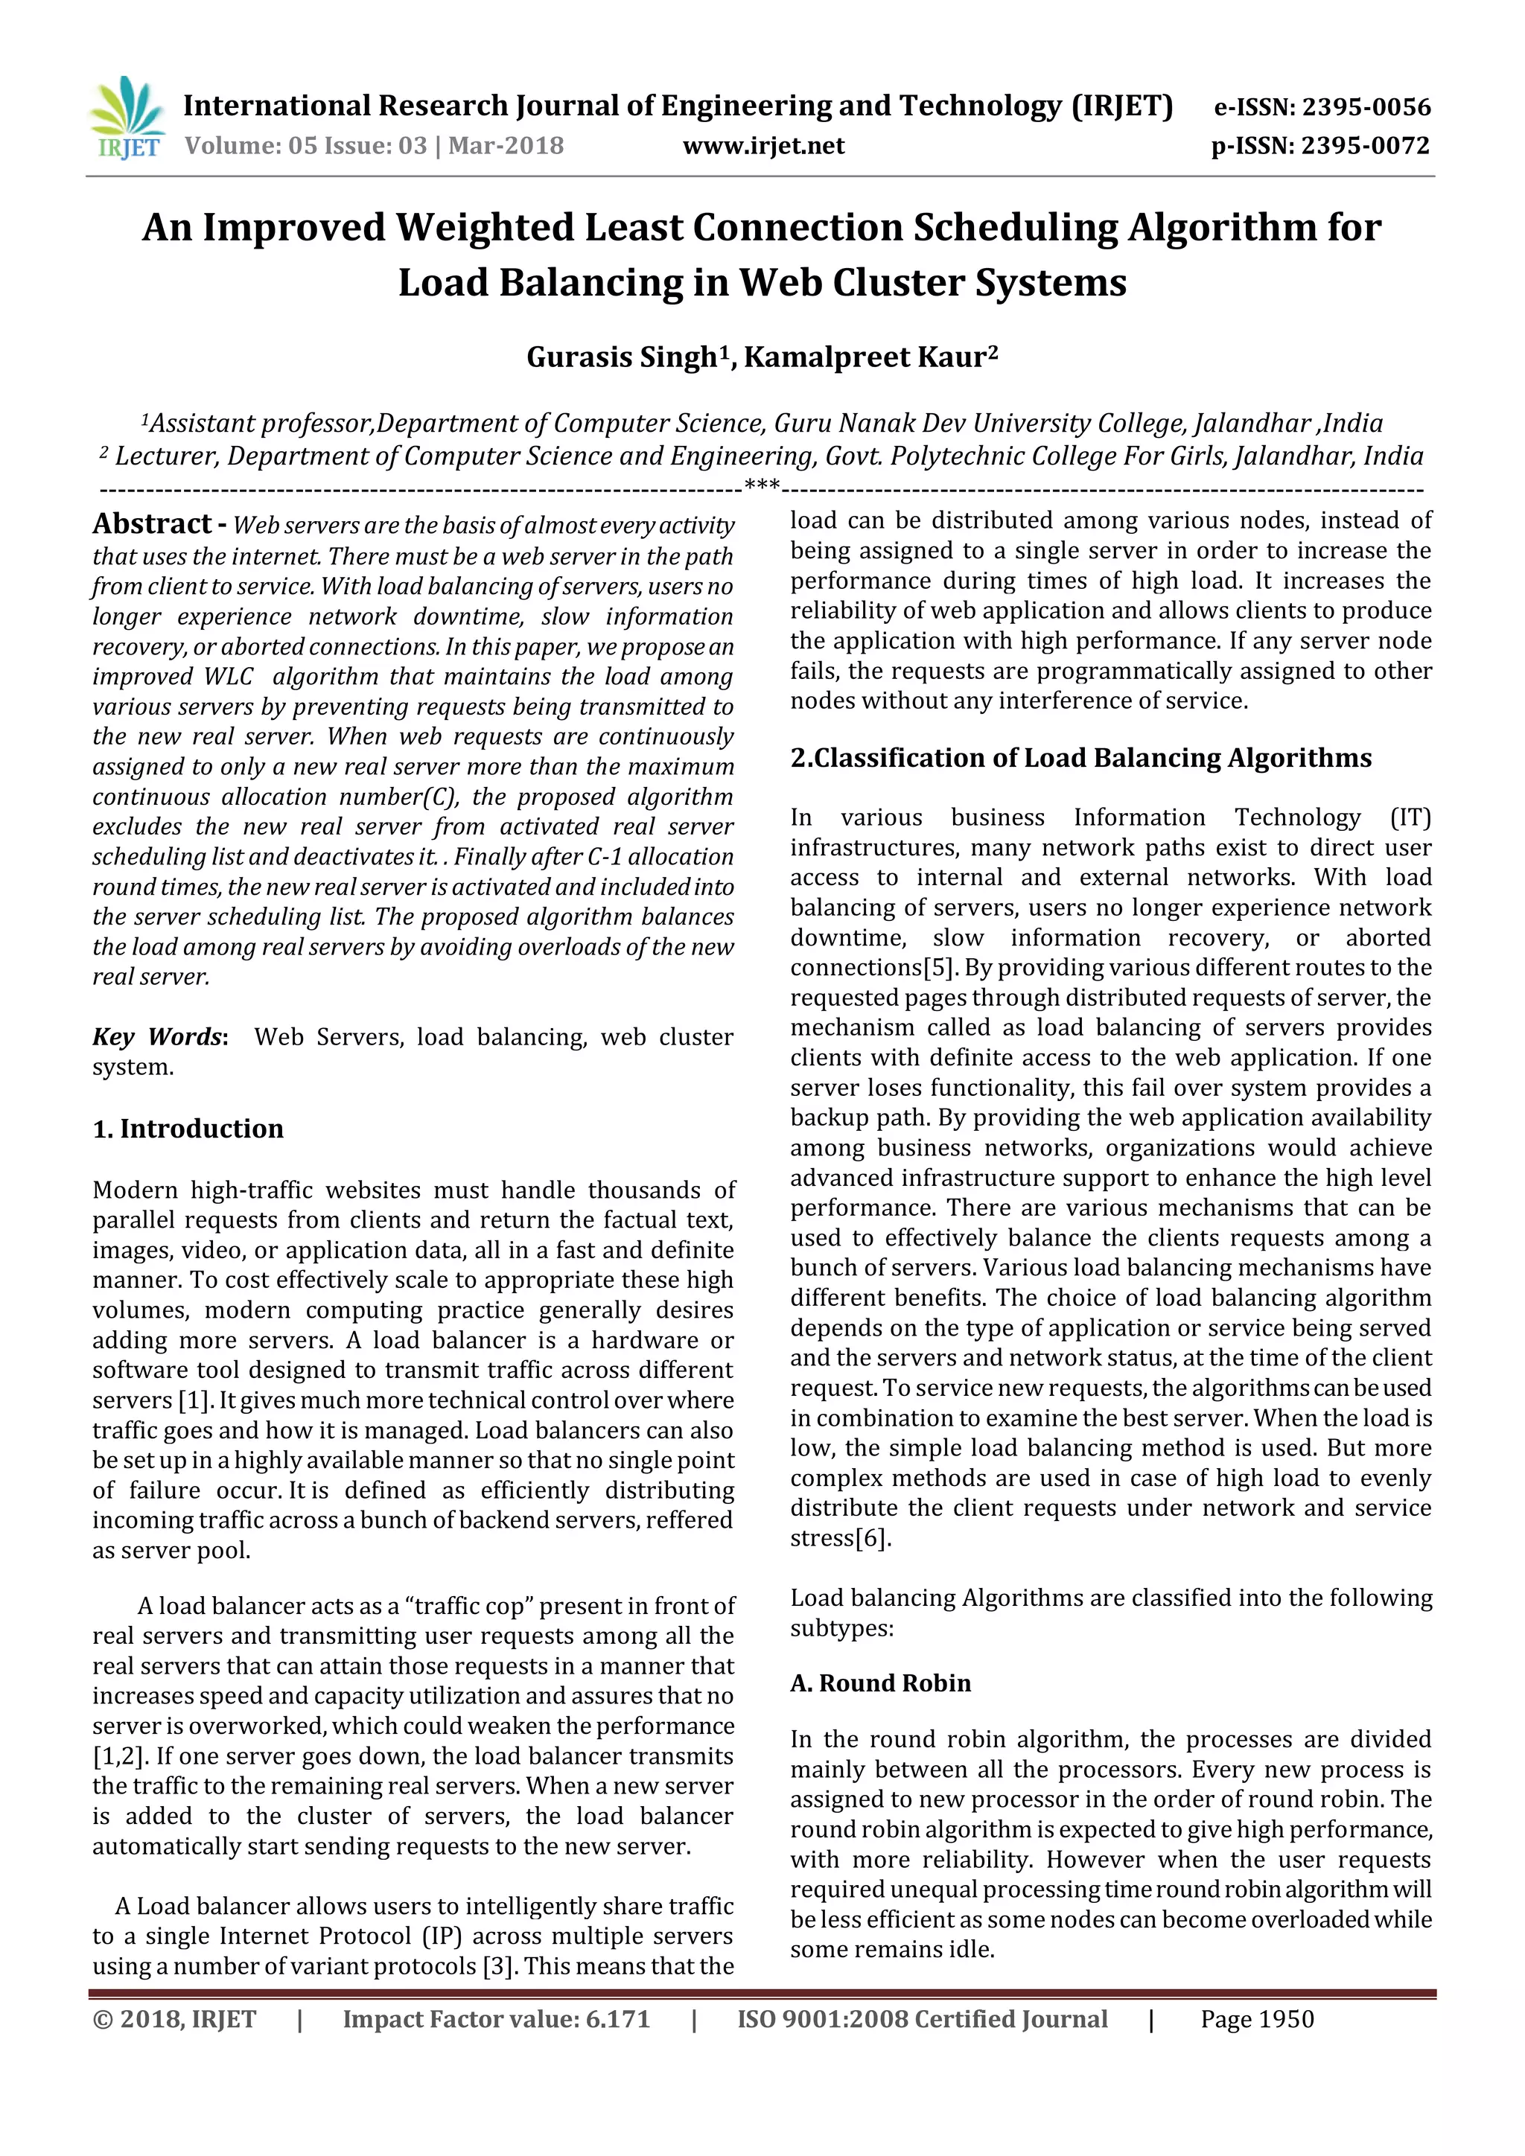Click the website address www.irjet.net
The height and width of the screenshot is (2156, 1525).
[x=763, y=146]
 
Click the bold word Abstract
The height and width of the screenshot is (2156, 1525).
[x=152, y=523]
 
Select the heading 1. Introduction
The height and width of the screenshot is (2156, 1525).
[x=188, y=1128]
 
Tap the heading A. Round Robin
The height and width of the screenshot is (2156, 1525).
[x=880, y=1682]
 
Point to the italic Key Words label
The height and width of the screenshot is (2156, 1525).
[x=158, y=1037]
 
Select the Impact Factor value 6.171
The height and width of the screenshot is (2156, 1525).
[x=617, y=2019]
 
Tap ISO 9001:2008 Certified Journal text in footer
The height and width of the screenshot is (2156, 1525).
[x=922, y=2019]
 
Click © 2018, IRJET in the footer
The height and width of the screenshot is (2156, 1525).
[x=175, y=2019]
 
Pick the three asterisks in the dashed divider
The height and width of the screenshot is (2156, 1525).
[x=762, y=486]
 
